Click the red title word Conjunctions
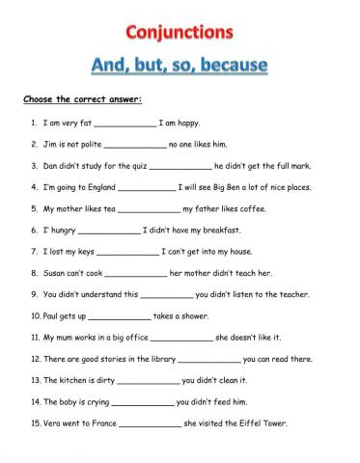[179, 33]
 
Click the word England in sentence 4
[98, 187]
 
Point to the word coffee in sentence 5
[250, 208]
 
